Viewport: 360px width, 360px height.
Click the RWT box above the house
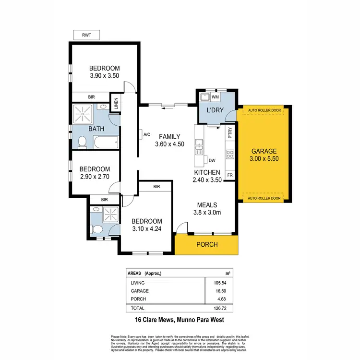(87, 35)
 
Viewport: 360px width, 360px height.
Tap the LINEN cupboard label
(115, 104)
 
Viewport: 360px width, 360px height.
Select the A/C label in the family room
(147, 135)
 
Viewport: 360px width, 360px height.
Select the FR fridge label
(230, 175)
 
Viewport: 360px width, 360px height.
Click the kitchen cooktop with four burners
(230, 155)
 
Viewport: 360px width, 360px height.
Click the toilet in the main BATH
(82, 142)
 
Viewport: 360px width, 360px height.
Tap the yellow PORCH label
(207, 245)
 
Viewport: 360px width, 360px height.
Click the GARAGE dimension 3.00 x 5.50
(264, 158)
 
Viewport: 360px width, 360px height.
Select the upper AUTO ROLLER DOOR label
(264, 111)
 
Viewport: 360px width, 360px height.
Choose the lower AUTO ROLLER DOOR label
(264, 198)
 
